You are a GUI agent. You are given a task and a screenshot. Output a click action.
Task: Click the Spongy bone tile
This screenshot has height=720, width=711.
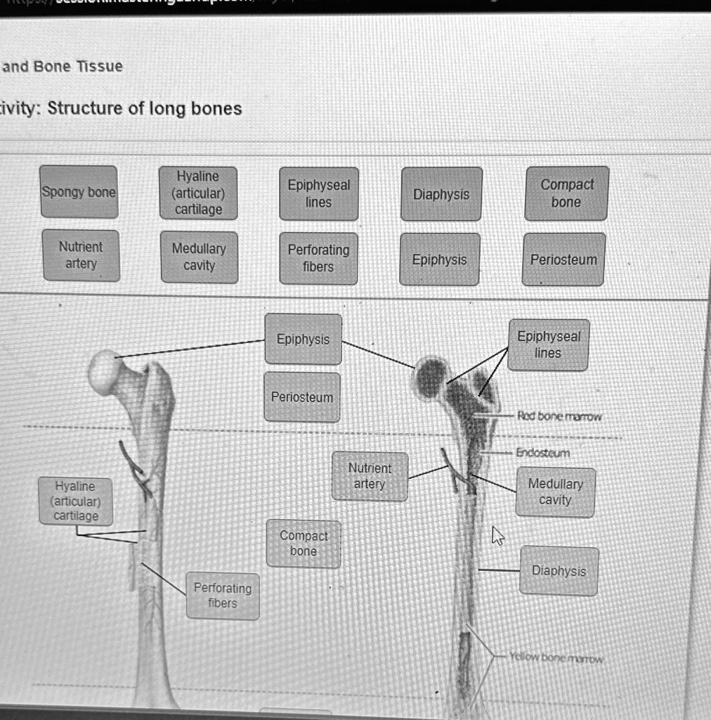(78, 192)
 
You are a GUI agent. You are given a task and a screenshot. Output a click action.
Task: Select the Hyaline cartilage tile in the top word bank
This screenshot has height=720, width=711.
(198, 193)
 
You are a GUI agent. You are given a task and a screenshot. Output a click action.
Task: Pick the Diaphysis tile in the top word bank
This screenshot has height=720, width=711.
(441, 194)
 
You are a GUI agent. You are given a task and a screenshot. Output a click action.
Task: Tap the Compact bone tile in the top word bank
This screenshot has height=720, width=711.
(566, 193)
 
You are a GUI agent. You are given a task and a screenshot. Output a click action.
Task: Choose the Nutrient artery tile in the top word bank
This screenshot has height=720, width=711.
(81, 255)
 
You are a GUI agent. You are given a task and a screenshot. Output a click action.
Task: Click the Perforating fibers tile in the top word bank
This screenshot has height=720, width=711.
(318, 258)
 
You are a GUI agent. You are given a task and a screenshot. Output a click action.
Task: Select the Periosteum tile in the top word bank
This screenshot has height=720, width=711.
(563, 259)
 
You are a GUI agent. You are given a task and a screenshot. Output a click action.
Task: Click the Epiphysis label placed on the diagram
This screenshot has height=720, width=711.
(303, 339)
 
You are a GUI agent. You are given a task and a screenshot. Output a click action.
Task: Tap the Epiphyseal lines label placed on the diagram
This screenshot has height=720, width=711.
(548, 345)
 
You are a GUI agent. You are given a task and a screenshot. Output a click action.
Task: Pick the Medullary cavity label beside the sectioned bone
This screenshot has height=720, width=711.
(555, 492)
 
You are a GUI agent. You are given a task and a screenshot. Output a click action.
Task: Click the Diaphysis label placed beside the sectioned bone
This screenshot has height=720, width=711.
(559, 571)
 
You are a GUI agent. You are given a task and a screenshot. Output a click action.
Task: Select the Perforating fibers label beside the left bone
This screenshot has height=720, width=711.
(223, 596)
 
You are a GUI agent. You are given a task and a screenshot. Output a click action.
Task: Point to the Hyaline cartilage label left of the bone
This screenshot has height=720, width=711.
(76, 501)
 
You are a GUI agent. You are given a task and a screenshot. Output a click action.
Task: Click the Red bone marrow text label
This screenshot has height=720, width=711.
(559, 416)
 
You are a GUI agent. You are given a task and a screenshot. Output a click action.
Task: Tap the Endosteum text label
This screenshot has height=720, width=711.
(543, 453)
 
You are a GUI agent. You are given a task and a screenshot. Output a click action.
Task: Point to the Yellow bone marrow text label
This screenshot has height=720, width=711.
(556, 659)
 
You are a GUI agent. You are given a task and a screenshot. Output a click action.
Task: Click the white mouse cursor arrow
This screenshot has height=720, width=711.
(497, 536)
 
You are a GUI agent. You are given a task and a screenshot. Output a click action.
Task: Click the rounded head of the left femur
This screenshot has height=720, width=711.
(105, 371)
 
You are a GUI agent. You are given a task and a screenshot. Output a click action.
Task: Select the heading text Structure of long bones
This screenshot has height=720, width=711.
(144, 108)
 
